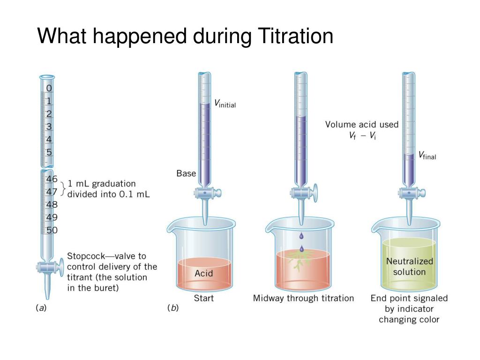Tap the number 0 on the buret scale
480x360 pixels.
[x=49, y=88]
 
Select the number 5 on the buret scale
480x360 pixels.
[x=49, y=152]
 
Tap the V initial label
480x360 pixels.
[x=225, y=104]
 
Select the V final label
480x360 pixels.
[x=427, y=156]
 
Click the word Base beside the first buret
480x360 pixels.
[x=186, y=173]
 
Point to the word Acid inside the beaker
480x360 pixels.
[x=203, y=273]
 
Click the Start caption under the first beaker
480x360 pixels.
[x=204, y=298]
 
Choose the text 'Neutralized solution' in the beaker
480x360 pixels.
[x=409, y=266]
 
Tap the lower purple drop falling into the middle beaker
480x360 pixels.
[x=301, y=248]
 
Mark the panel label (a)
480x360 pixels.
[x=41, y=308]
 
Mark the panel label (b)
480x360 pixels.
[x=173, y=308]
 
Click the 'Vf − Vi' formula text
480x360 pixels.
[x=362, y=136]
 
